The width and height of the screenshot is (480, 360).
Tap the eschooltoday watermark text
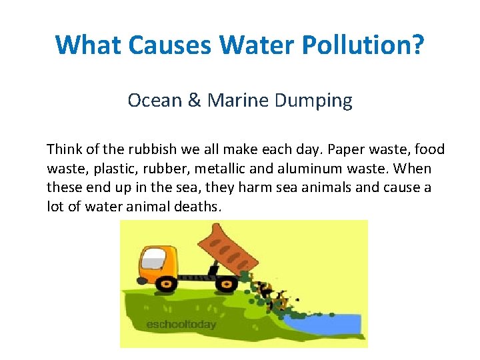point(181,325)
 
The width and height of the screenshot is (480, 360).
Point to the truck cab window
point(154,255)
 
